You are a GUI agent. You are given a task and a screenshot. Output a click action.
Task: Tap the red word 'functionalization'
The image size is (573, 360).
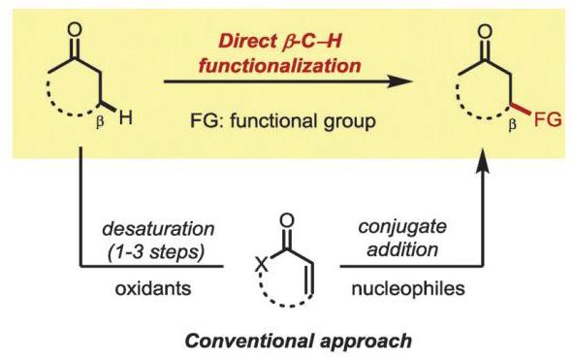coord(279,66)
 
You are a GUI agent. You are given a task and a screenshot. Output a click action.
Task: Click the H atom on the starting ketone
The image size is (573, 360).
coord(125,117)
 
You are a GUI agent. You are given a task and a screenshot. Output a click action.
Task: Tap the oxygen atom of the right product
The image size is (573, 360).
coord(485,31)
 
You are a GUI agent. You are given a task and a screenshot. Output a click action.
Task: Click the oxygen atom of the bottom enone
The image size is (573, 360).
coord(287,220)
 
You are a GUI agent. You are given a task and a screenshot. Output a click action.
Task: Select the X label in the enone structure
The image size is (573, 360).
coord(262,264)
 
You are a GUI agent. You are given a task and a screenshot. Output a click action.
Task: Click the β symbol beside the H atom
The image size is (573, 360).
coord(100,122)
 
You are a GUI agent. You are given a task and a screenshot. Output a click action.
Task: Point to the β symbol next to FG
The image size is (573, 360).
coord(513,124)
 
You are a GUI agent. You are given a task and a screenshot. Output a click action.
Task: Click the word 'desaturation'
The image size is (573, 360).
coord(158,229)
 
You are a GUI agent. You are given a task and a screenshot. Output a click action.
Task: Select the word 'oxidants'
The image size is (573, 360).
coord(153,288)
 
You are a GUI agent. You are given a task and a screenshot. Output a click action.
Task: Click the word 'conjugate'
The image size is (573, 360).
coord(402,228)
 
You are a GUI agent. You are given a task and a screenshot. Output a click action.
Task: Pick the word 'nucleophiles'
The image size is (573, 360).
coord(408,288)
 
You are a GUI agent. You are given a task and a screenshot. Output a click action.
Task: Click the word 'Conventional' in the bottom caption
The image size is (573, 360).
coord(246,341)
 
